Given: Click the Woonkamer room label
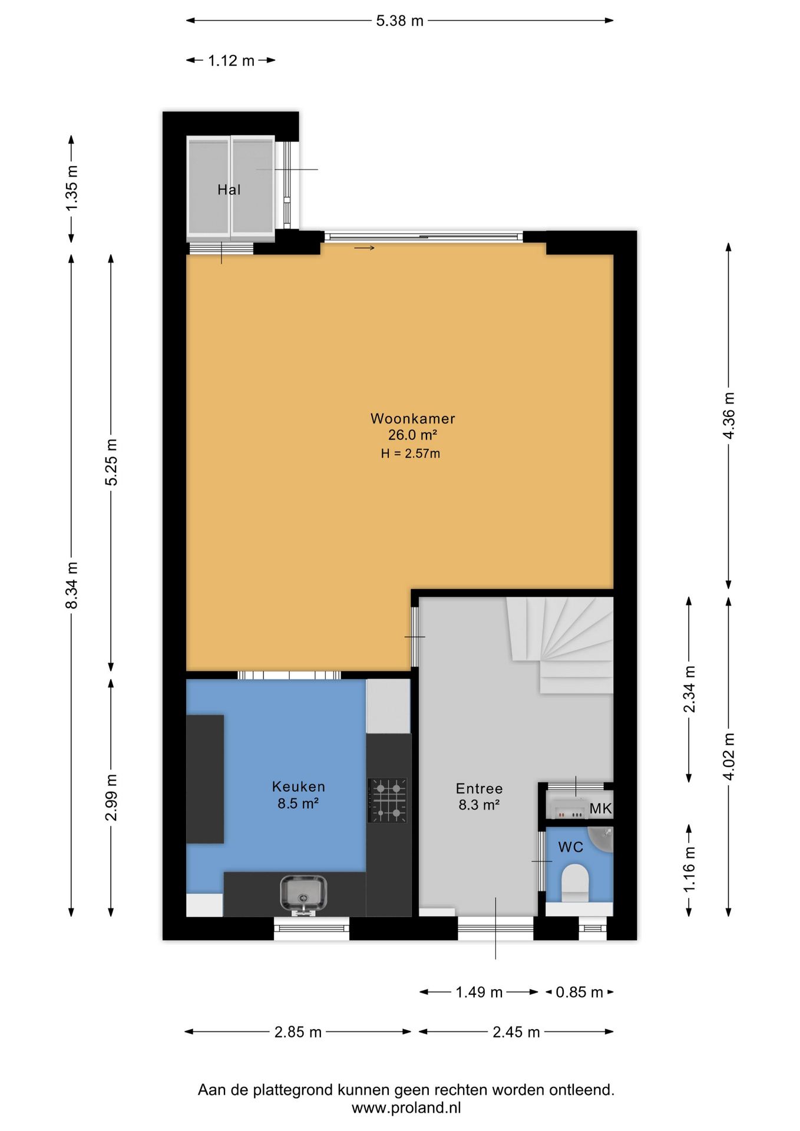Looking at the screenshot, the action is click(412, 419).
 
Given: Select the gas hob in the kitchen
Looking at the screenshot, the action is click(388, 801).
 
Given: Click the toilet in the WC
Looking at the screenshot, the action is click(575, 882).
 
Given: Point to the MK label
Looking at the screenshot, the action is click(600, 809).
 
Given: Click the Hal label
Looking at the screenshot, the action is click(229, 190).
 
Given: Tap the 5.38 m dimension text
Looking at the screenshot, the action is click(400, 21).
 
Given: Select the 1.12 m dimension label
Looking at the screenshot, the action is click(231, 61).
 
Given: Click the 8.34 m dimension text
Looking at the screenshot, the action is click(71, 586).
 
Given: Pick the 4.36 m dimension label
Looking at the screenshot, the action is click(729, 415).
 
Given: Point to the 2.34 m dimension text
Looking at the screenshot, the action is click(689, 689).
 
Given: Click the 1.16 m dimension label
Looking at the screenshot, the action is click(689, 869).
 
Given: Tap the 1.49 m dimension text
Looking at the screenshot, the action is click(479, 993).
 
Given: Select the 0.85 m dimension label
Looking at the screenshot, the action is click(580, 993).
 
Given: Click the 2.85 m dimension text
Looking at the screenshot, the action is click(298, 1032).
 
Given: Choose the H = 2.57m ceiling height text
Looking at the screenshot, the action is click(411, 454).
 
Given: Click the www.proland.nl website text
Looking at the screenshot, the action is click(406, 1108).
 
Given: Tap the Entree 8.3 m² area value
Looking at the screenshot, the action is click(479, 805).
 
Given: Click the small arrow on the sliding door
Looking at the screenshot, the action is click(364, 248).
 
